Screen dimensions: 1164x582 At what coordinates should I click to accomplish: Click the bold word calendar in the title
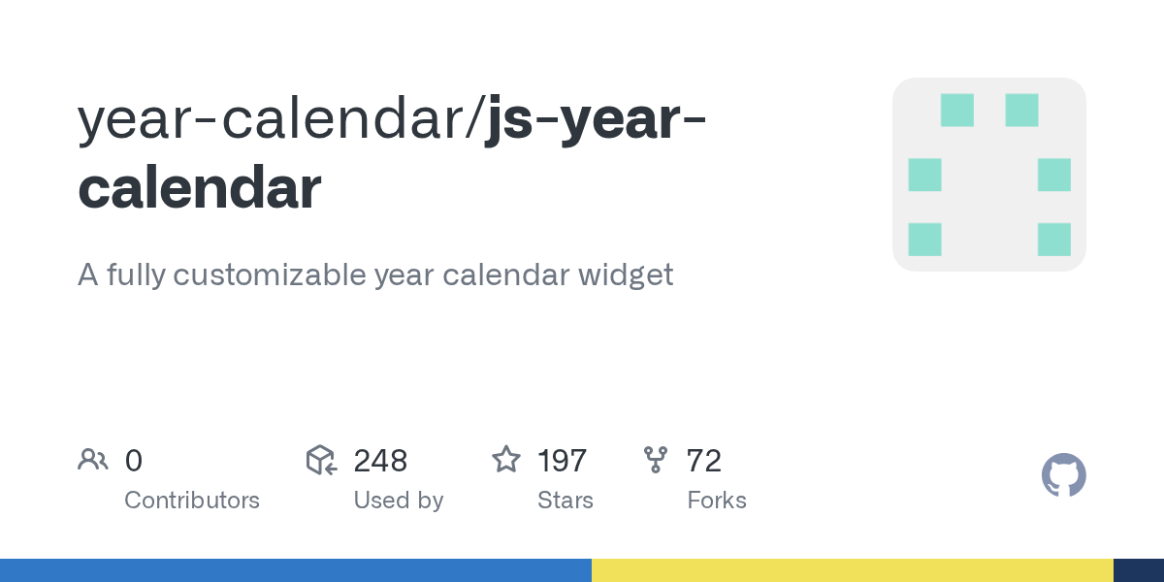click(x=200, y=187)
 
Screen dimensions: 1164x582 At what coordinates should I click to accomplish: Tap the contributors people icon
click(x=93, y=460)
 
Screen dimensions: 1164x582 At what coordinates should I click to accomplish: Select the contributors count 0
click(x=134, y=461)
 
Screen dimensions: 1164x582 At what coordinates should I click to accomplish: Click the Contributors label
click(x=192, y=501)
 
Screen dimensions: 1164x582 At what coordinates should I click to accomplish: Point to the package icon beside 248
click(x=322, y=460)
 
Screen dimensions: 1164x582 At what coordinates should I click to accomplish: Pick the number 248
click(x=380, y=461)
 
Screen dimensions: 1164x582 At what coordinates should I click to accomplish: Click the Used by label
click(x=399, y=501)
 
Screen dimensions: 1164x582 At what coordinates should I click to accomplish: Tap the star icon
click(x=506, y=460)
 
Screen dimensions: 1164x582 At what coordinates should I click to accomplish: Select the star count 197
click(x=563, y=461)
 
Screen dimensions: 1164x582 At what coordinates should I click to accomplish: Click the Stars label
click(x=566, y=501)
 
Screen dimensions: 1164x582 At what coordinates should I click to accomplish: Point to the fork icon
click(x=656, y=460)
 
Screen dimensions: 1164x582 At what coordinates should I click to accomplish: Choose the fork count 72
click(x=703, y=461)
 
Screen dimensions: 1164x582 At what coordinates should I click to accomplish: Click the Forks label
click(x=717, y=501)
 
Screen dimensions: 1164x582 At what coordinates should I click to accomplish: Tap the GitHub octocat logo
click(x=1064, y=475)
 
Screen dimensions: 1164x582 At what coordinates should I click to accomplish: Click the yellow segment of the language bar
click(x=853, y=570)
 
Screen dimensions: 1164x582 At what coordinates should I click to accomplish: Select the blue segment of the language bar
click(x=296, y=570)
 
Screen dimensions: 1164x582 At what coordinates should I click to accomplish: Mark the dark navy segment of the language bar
click(x=1139, y=570)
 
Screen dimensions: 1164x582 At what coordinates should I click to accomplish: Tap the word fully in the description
click(x=137, y=275)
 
